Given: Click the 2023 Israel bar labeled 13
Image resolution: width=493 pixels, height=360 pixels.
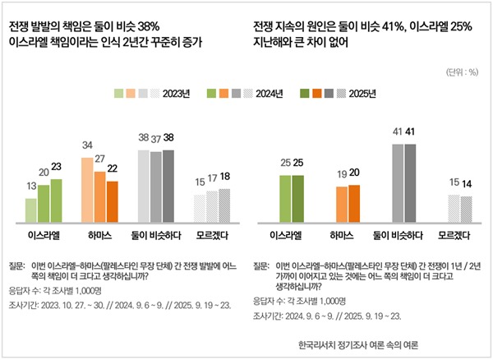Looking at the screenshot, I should [30, 210].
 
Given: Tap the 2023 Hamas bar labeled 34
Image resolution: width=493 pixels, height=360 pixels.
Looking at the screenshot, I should [87, 190].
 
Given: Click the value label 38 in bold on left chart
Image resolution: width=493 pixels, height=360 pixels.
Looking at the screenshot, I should [168, 138].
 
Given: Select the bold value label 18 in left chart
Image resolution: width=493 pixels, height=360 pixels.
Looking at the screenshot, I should [224, 177].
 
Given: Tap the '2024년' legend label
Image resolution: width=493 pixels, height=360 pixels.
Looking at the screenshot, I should [269, 94].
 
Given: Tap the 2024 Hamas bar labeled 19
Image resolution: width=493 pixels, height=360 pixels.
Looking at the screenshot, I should [342, 204].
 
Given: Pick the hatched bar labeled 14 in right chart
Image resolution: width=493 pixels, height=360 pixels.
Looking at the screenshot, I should [466, 209].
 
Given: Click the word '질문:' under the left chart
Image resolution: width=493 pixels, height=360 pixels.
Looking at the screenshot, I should [18, 266].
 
